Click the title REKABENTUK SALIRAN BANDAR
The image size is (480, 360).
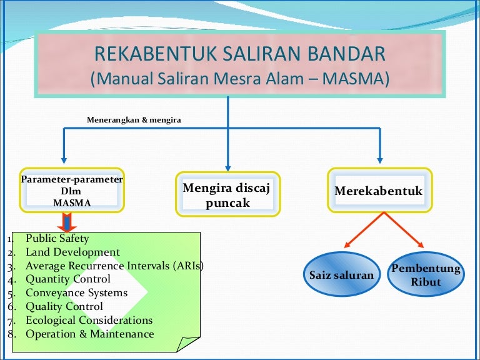[x=240, y=53]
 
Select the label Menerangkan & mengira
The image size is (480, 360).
[x=134, y=120]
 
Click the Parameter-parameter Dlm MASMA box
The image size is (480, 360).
[x=72, y=190]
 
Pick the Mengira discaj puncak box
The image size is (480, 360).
[x=227, y=194]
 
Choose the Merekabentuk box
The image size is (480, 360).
[x=380, y=190]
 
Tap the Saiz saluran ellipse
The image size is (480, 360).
[x=342, y=274]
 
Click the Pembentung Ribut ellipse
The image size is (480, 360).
[x=426, y=274]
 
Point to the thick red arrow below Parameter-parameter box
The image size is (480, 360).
[x=67, y=222]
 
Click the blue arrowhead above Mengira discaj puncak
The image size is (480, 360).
[x=227, y=169]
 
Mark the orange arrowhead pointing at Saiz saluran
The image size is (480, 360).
[x=347, y=245]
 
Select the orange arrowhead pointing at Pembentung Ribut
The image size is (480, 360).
[x=421, y=245]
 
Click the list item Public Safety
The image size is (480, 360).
[x=57, y=238]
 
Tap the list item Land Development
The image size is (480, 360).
[x=73, y=252]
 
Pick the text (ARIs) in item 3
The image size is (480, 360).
[x=188, y=266]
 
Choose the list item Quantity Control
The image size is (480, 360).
[x=68, y=279]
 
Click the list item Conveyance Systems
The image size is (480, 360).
[x=76, y=292]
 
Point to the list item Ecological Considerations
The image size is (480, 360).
[x=89, y=320]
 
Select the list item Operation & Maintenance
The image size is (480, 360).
[x=90, y=334]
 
